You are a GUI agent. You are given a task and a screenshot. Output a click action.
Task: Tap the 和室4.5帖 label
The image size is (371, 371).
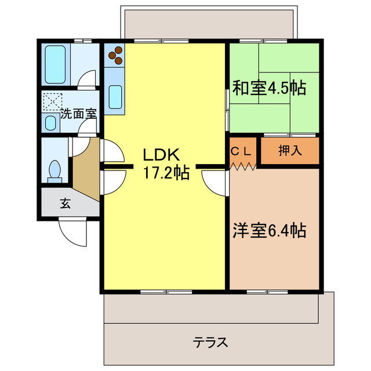tap(269, 88)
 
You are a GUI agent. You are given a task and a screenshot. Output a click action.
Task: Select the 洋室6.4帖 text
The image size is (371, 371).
tap(269, 231)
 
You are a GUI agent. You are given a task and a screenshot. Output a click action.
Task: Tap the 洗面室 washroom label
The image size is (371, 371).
tap(78, 113)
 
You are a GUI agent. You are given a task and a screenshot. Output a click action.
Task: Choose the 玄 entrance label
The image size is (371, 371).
tap(66, 203)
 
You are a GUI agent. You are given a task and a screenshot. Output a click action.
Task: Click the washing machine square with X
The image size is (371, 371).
tap(52, 102)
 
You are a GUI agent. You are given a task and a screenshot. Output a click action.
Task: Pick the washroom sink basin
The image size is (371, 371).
tap(52, 123)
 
